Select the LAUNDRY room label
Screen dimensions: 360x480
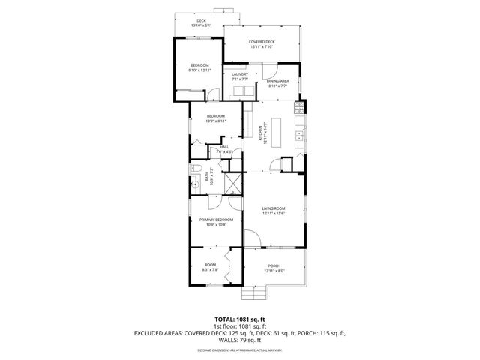pyautogui.click(x=240, y=74)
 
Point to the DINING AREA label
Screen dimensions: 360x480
pyautogui.click(x=278, y=81)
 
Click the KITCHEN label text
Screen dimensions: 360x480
pyautogui.click(x=262, y=133)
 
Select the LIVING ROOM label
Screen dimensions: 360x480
pyautogui.click(x=274, y=209)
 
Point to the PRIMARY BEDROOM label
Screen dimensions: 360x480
pyautogui.click(x=216, y=220)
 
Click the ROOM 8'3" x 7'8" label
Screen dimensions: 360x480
pyautogui.click(x=210, y=265)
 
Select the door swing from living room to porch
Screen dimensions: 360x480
pyautogui.click(x=253, y=238)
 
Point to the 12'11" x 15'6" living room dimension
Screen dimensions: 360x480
pyautogui.click(x=274, y=214)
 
